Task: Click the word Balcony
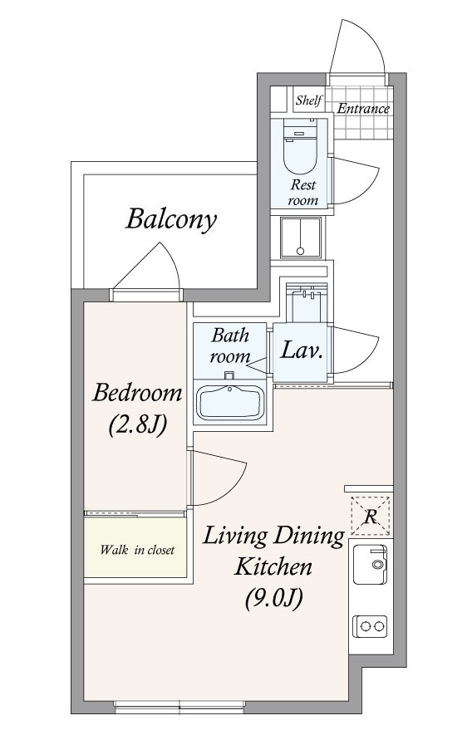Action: click(172, 219)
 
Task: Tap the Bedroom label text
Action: click(137, 392)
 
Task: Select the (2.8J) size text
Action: click(138, 424)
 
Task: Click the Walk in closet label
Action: click(137, 549)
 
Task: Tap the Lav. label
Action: click(302, 350)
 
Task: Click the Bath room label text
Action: click(230, 346)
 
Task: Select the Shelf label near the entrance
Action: click(309, 100)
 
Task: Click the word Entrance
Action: click(364, 109)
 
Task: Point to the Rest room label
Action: click(302, 192)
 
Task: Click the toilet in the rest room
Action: click(300, 146)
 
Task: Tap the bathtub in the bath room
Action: click(229, 402)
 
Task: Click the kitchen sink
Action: click(370, 565)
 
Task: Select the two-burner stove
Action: click(370, 626)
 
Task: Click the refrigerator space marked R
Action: click(370, 516)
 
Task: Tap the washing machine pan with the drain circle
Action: click(301, 238)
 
